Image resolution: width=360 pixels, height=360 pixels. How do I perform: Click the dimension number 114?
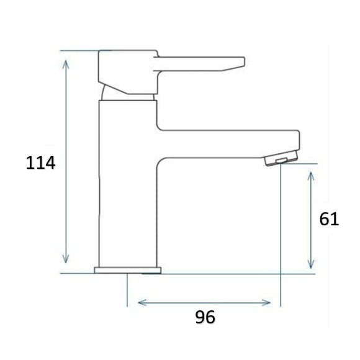40,163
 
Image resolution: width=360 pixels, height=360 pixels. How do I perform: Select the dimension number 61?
329,219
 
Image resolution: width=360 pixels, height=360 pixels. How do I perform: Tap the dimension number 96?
205,317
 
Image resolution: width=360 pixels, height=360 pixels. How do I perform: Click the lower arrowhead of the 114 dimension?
66,259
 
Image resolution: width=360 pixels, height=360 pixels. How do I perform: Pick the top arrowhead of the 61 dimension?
310,176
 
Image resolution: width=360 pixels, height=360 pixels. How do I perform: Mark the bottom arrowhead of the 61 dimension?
310,264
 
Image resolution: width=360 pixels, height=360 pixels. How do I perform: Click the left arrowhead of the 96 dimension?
142,303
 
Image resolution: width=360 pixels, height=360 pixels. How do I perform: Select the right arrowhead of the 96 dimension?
266,303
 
